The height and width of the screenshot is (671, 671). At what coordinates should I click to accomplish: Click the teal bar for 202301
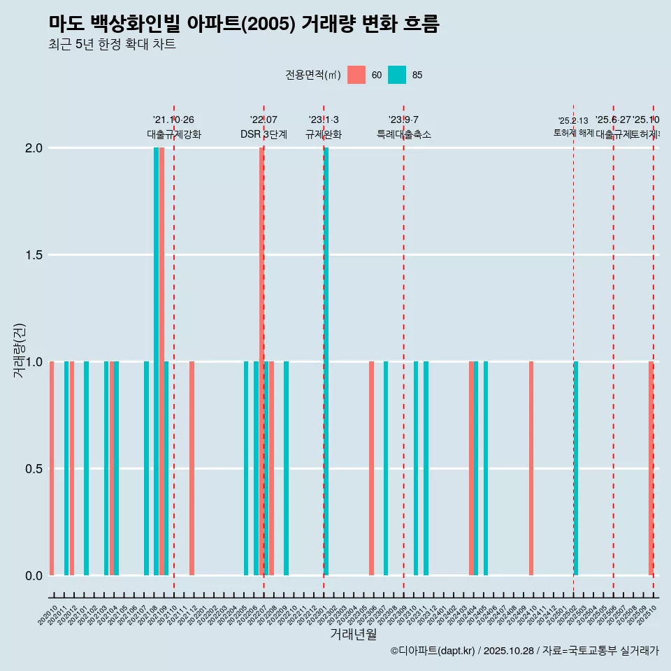pyautogui.click(x=326, y=361)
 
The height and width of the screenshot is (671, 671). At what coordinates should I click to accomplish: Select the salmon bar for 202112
pyautogui.click(x=192, y=468)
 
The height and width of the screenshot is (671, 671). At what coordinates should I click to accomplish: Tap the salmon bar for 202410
pyautogui.click(x=531, y=468)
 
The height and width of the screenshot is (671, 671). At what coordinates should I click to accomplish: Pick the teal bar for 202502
pyautogui.click(x=576, y=468)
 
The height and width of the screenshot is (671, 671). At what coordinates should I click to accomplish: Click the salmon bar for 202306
pyautogui.click(x=371, y=468)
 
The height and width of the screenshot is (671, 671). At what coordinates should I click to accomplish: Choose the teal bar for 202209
pyautogui.click(x=287, y=468)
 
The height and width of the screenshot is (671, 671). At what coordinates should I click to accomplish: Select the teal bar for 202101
pyautogui.click(x=87, y=468)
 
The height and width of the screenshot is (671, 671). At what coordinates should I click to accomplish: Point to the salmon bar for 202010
pyautogui.click(x=52, y=468)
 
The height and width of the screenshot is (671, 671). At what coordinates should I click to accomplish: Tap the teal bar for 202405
pyautogui.click(x=486, y=468)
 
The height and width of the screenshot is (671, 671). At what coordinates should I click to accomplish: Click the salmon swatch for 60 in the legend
pyautogui.click(x=356, y=75)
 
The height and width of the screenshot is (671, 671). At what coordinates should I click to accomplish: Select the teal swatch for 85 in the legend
pyautogui.click(x=397, y=75)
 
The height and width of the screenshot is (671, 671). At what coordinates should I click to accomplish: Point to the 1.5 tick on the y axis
pyautogui.click(x=34, y=255)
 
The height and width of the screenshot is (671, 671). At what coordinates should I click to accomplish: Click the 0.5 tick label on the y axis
pyautogui.click(x=34, y=469)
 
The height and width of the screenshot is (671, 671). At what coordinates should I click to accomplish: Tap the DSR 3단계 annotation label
pyautogui.click(x=264, y=135)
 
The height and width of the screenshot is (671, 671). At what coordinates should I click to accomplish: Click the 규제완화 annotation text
pyautogui.click(x=324, y=135)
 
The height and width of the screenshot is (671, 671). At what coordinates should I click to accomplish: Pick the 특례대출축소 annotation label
pyautogui.click(x=403, y=135)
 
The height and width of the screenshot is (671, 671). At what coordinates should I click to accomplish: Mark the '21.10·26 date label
pyautogui.click(x=173, y=120)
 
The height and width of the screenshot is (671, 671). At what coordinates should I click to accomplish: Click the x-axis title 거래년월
pyautogui.click(x=353, y=635)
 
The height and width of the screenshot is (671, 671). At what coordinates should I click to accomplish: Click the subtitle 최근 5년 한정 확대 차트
pyautogui.click(x=112, y=45)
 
